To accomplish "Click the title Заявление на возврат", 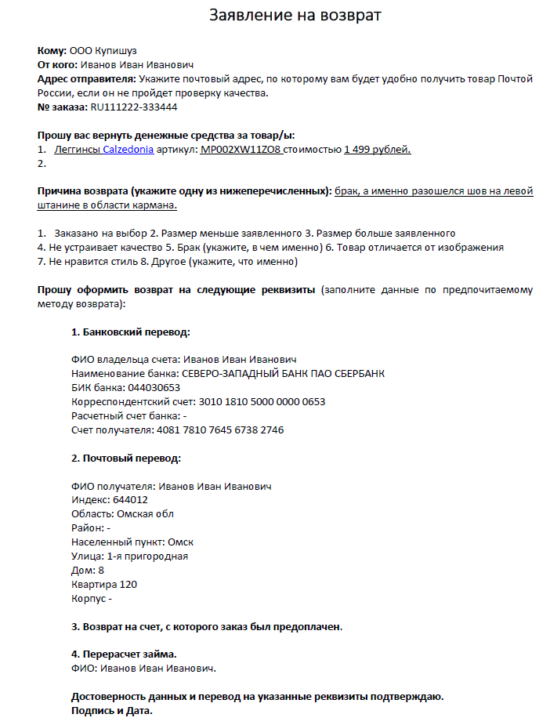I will (295, 16).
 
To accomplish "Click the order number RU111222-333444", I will (134, 107).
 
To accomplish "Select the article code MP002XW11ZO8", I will (241, 150).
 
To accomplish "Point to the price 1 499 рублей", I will (378, 150).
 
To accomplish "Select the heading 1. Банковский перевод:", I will (131, 332).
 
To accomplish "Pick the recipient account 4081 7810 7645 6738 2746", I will (220, 430).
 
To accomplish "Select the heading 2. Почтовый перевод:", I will (126, 458).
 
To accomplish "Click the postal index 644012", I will (131, 500).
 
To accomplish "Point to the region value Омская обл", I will (146, 514).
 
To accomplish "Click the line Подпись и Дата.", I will (112, 711).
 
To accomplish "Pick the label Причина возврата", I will (82, 191).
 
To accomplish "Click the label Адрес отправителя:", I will (86, 79).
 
